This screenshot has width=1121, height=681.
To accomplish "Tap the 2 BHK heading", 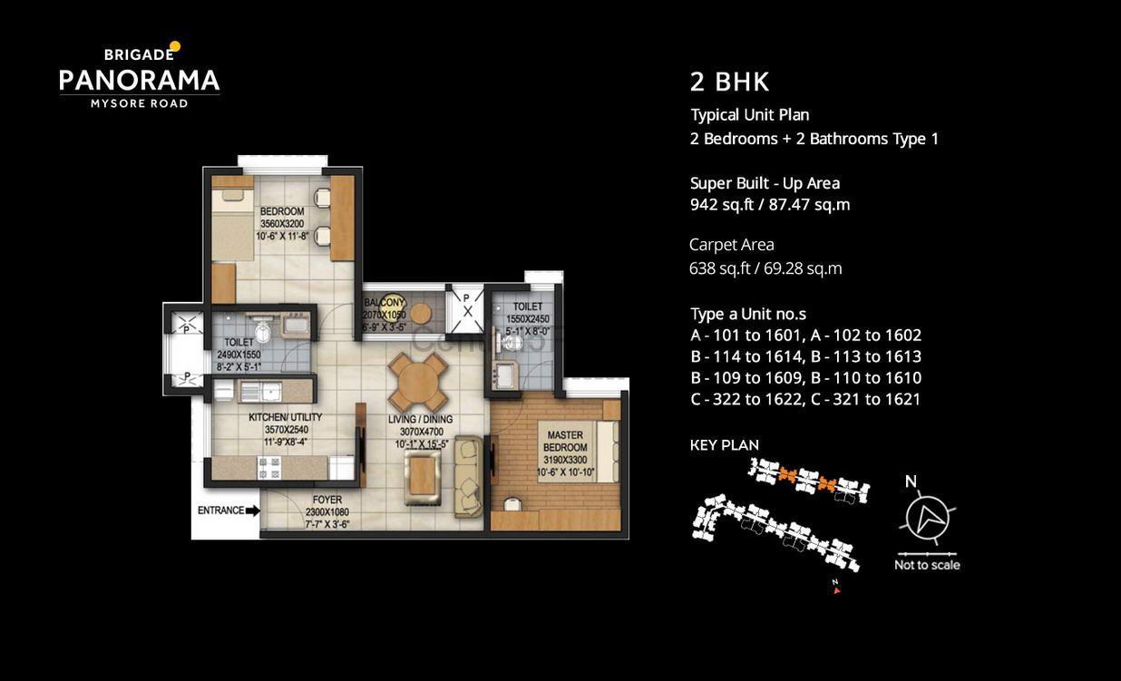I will (729, 82).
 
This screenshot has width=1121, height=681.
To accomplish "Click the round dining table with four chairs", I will (418, 382).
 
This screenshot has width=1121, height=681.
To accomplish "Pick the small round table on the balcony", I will (420, 314).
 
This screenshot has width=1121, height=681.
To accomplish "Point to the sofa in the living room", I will (468, 476).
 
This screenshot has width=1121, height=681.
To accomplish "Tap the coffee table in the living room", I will (423, 477).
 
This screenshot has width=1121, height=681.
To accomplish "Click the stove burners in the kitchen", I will (269, 467).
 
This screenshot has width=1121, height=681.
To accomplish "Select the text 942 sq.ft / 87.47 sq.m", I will (770, 205).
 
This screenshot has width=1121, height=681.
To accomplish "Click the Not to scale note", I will (927, 565).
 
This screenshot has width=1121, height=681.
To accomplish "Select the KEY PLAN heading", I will (725, 445).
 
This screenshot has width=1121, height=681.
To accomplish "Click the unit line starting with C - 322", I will (805, 399).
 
